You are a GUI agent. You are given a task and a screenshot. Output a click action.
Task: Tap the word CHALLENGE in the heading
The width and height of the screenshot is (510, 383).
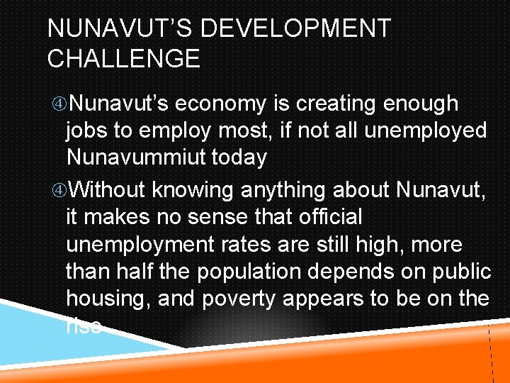coord(123,58)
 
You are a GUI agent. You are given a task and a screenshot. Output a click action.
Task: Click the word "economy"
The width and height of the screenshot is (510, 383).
coord(221,104)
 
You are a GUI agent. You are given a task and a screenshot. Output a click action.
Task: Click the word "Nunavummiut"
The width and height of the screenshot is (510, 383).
coord(134,157)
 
